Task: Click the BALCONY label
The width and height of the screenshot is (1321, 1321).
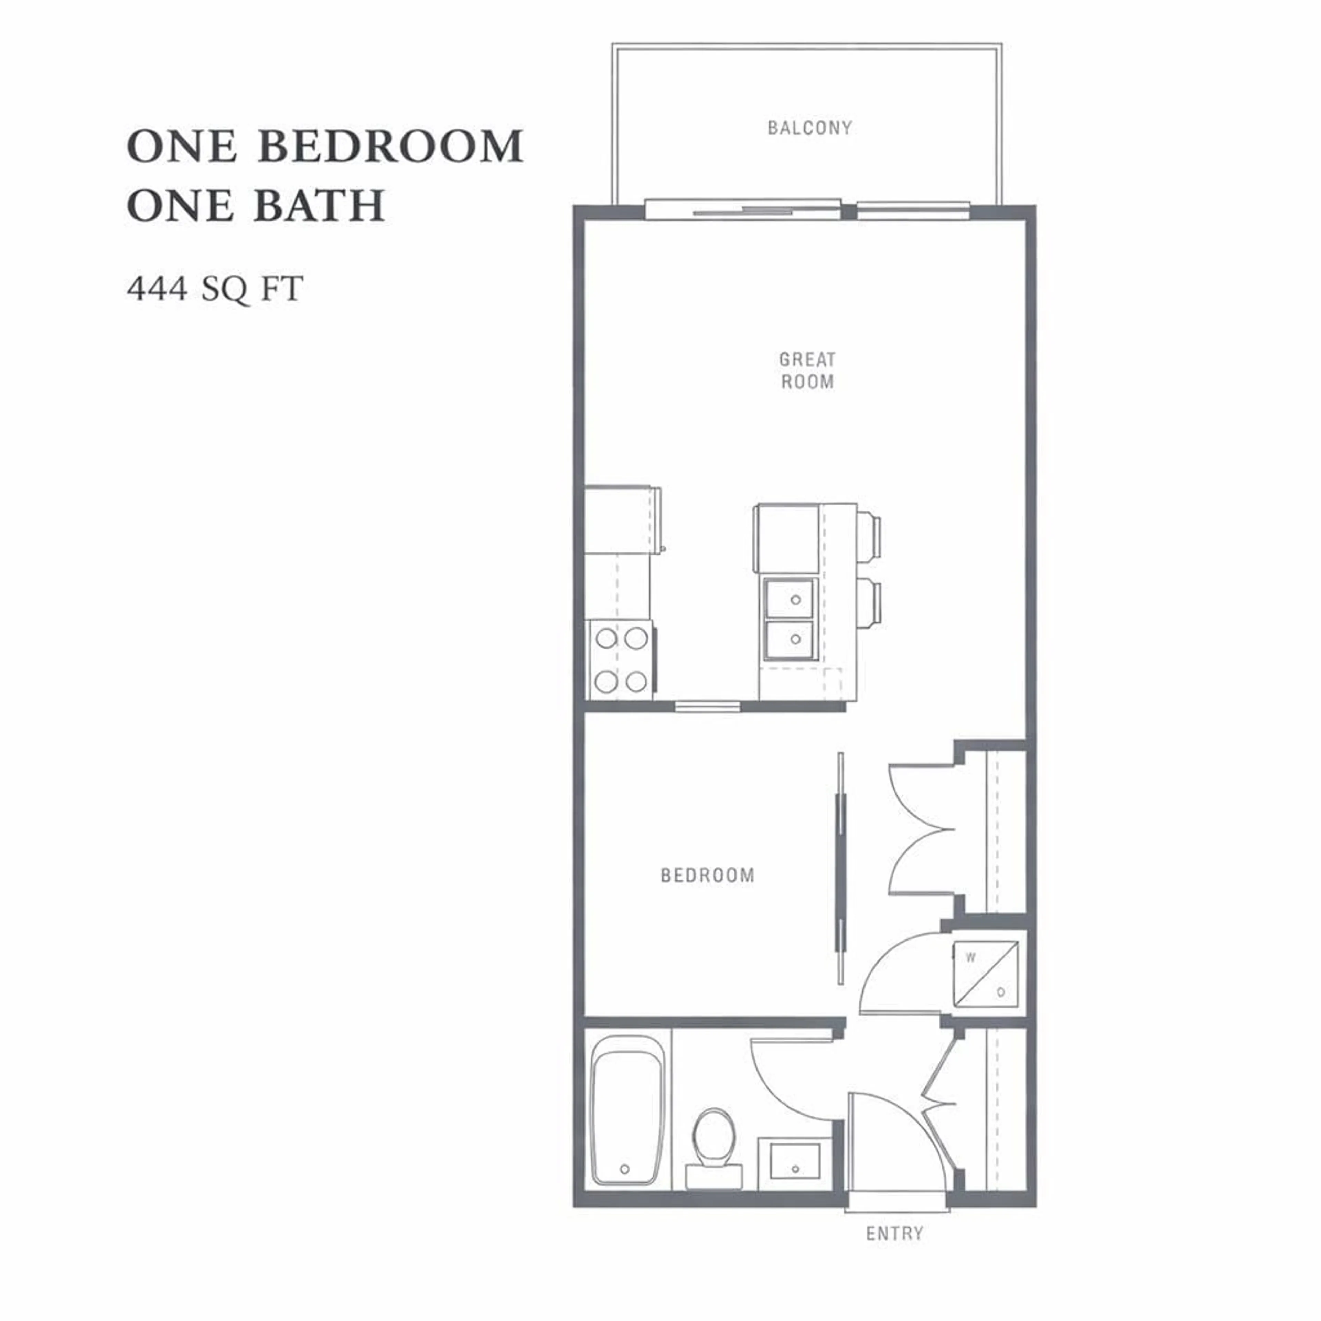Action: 809,128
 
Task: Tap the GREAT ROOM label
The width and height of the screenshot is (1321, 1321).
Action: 807,370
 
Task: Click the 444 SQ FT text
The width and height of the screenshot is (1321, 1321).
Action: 215,289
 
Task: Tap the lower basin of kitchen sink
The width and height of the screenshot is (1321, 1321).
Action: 790,640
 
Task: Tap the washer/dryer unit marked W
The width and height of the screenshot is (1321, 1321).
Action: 986,974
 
